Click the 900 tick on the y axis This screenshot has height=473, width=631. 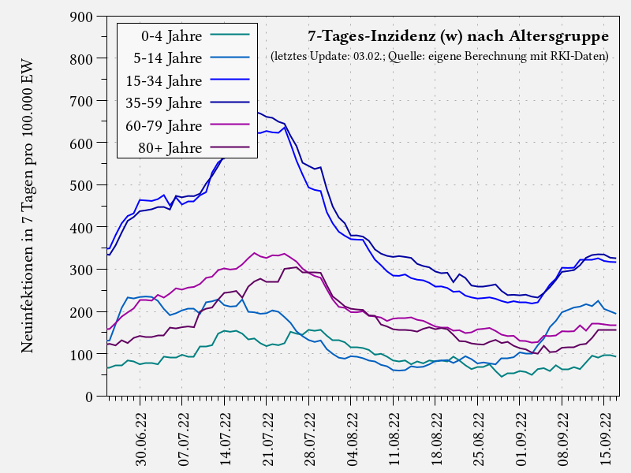82,17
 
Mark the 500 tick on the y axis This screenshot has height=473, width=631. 82,185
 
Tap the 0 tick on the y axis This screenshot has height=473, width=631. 90,397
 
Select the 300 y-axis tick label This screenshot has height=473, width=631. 82,270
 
